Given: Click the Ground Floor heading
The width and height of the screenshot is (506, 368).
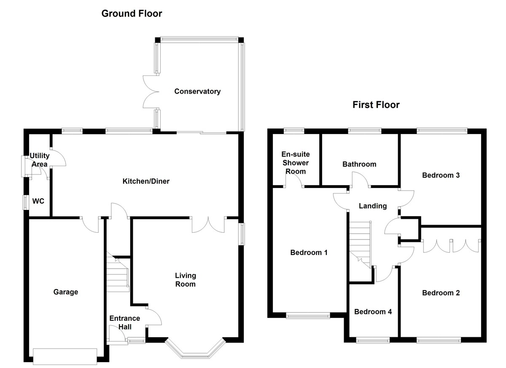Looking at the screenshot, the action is (x=132, y=13).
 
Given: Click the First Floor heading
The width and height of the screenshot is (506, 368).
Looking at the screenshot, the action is (x=376, y=105).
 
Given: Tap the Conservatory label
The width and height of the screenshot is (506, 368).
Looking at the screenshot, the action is (x=197, y=91).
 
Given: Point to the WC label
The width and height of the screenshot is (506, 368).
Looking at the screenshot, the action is (x=38, y=201).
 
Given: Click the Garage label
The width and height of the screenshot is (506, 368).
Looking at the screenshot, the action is (x=66, y=292).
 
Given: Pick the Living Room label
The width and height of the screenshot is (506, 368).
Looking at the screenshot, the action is (x=186, y=280).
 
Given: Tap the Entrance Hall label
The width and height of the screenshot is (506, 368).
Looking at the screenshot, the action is (x=124, y=322).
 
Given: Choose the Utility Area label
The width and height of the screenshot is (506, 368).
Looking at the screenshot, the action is (x=39, y=160).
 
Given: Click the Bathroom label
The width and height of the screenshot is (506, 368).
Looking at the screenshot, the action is (x=359, y=164).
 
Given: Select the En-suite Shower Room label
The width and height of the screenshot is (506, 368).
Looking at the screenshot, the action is (x=296, y=163).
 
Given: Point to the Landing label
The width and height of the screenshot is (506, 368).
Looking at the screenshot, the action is (x=373, y=206).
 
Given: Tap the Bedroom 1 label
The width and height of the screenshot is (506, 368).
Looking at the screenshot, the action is (x=309, y=252).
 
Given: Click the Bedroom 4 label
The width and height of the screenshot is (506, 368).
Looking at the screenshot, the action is (x=373, y=312).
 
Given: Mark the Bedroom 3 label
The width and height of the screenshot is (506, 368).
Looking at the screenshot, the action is (x=441, y=175).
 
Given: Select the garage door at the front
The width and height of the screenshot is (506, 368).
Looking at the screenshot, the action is (x=65, y=356).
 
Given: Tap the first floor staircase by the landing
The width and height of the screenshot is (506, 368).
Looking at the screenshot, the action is (x=359, y=244).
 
